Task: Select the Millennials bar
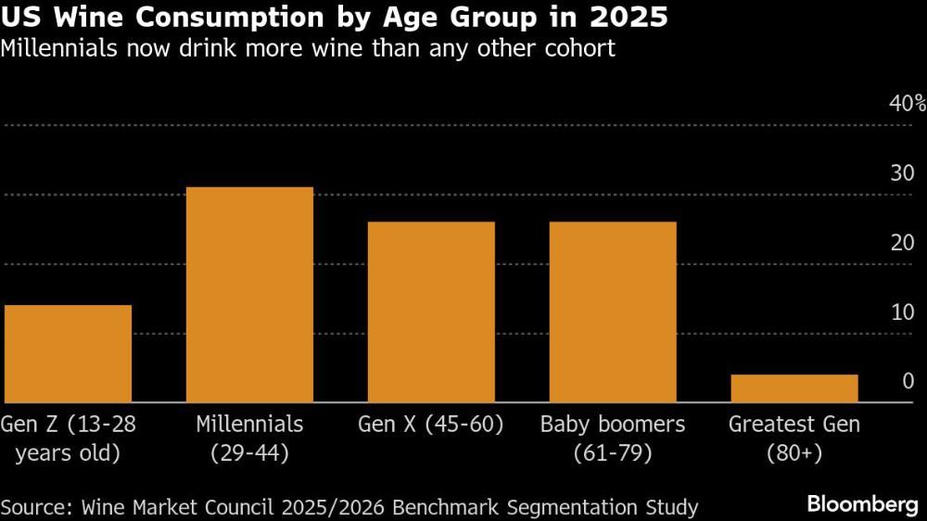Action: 249,295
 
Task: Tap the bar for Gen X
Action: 431,311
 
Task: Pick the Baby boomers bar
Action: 613,311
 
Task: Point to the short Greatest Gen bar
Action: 794,388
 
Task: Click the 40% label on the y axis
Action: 907,103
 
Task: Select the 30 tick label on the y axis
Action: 902,172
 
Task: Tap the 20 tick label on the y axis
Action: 902,242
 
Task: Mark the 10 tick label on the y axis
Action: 902,311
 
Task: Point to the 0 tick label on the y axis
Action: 908,381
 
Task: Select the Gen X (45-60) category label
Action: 431,425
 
